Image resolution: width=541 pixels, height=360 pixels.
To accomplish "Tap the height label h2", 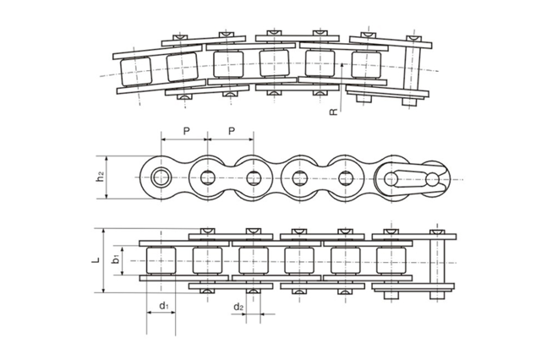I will click(x=100, y=177).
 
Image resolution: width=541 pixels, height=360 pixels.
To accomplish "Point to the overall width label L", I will click(x=96, y=260).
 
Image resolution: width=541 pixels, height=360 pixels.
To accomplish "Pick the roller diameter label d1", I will click(x=163, y=305).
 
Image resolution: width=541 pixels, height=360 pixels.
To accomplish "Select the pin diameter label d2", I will click(x=238, y=306).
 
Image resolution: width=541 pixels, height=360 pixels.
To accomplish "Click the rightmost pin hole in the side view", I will click(x=432, y=178).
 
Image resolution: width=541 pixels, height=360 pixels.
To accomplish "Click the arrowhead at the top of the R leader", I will click(x=336, y=63).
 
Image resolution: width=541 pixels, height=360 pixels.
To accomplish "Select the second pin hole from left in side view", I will click(x=208, y=177).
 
